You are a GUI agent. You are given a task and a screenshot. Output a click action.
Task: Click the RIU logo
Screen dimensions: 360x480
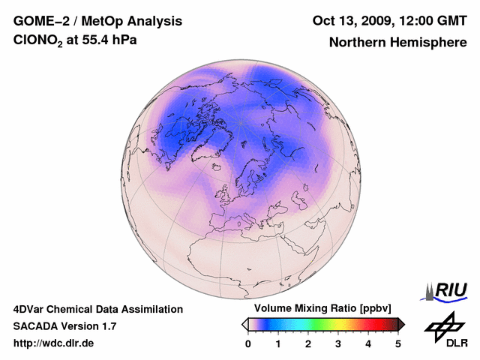click(448, 290)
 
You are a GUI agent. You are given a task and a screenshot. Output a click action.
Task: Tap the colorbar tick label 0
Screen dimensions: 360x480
click(248, 343)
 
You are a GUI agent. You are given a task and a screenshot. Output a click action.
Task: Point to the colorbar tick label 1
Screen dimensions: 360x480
click(278, 343)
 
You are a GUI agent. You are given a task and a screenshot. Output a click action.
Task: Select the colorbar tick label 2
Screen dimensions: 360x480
click(308, 343)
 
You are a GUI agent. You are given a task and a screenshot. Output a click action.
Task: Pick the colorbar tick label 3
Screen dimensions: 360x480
click(338, 343)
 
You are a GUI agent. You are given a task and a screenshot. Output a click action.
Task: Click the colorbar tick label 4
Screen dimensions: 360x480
click(368, 343)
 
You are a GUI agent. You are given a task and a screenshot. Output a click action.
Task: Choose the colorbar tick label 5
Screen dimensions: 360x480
click(398, 343)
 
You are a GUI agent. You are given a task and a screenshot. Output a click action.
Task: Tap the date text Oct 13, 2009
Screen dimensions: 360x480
click(350, 20)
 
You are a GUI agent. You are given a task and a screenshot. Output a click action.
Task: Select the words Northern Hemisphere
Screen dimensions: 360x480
click(397, 42)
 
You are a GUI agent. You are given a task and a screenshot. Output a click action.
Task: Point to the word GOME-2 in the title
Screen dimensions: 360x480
click(40, 20)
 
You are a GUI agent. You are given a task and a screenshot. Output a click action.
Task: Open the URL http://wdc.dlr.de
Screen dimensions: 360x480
click(54, 343)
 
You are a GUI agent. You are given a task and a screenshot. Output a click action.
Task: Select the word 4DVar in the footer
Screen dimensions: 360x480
click(31, 309)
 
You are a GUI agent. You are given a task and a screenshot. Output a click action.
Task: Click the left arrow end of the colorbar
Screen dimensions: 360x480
click(244, 324)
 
